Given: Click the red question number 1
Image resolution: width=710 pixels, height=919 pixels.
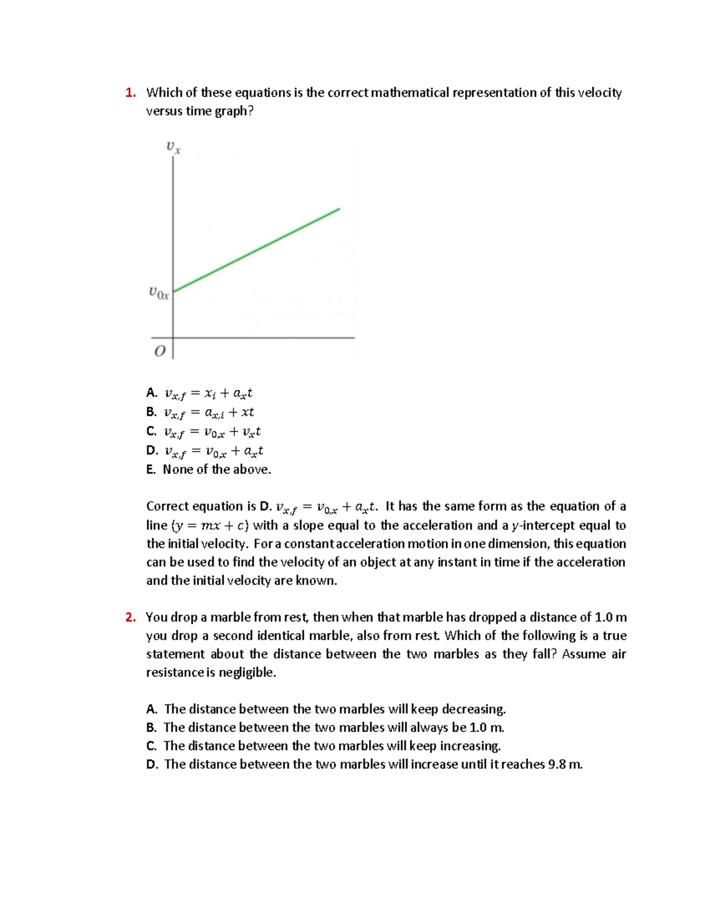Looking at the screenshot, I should pos(130,93).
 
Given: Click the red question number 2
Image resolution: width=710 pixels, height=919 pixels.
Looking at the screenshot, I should pos(130,617).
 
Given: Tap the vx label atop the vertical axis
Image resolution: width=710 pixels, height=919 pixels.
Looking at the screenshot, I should pos(173,147).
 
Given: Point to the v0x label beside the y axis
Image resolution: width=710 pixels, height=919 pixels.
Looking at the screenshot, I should pos(159,292).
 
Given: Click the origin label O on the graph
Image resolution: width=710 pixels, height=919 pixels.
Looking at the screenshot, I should pos(160,351).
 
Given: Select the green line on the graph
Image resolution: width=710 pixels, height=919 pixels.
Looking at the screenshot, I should pos(257,250).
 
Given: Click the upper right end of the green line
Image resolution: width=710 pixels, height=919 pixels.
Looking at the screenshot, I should pos(338,209).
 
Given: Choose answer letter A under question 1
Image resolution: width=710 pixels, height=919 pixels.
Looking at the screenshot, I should pos(151,393).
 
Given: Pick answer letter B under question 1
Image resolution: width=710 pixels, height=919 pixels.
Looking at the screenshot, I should pos(151,412).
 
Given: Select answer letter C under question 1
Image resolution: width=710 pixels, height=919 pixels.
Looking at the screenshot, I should pos(151,431).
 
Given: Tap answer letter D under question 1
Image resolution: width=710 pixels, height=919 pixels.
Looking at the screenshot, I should pos(152,450).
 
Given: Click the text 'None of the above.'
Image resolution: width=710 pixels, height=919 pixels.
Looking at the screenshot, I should pos(217,469).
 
